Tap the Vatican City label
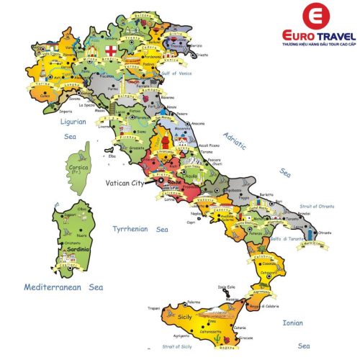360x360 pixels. (127, 184)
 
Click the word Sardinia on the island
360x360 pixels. (74, 249)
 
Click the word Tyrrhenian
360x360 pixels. (130, 229)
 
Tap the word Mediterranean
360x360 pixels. (55, 287)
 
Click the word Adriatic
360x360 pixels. (235, 139)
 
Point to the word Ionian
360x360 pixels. (293, 323)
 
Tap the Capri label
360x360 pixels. (192, 222)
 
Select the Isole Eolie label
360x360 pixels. (227, 287)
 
